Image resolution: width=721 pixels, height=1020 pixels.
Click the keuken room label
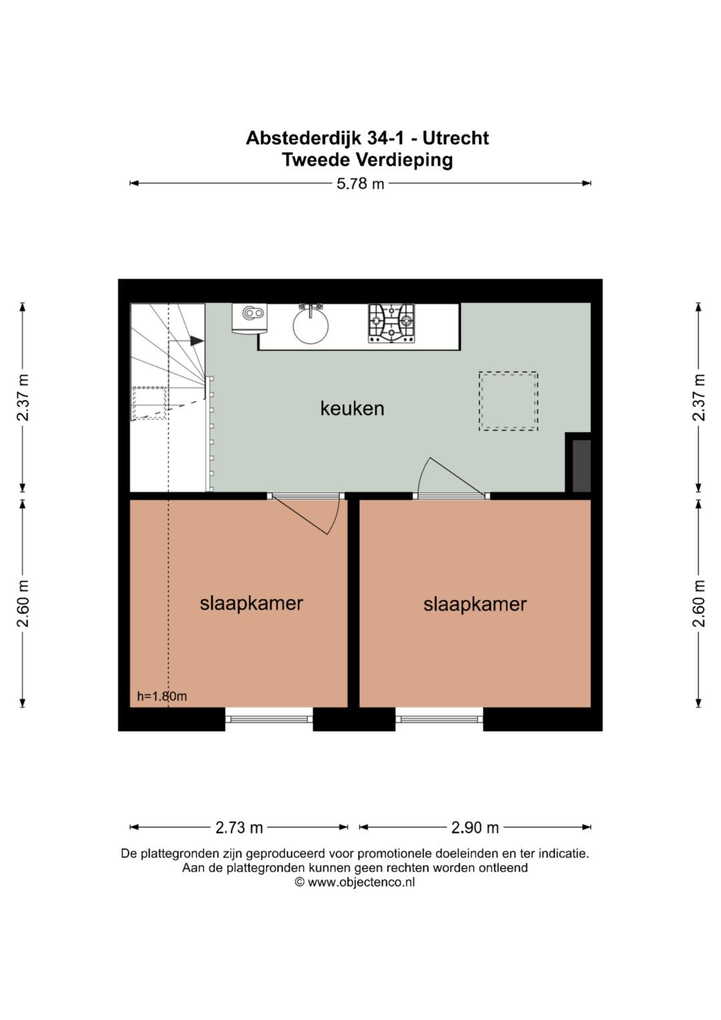point(352,408)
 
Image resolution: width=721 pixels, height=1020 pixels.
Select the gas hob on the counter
point(391,323)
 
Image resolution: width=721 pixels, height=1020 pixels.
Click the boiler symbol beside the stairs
point(250,318)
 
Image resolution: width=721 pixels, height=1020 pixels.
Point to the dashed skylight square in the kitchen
point(508,401)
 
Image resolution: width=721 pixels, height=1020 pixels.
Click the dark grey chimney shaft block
point(581,466)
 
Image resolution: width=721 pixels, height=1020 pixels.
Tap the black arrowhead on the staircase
point(197,341)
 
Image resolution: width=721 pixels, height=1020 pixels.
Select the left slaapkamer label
point(251,603)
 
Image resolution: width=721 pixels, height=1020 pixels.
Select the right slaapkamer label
point(475,605)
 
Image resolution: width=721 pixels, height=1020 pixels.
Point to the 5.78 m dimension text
point(360,184)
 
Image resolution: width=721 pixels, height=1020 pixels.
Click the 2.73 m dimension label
point(239,828)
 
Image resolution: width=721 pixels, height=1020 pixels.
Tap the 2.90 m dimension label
point(475,828)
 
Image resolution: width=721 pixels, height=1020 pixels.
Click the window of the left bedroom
point(269,719)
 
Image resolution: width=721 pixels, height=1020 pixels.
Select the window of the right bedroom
point(439,719)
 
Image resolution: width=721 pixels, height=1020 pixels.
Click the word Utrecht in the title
point(455,138)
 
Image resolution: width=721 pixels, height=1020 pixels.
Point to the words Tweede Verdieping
point(367,160)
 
